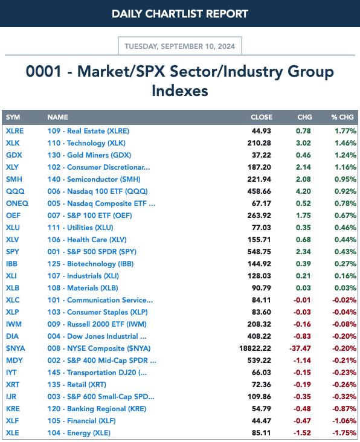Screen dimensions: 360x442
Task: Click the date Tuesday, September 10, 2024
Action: tap(179, 46)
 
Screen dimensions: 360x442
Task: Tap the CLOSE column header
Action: tap(262, 117)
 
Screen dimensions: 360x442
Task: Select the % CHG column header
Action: tap(342, 117)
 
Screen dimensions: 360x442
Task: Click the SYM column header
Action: tap(13, 117)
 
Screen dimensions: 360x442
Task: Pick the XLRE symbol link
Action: tap(15, 131)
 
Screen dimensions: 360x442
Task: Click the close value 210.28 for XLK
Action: tap(259, 143)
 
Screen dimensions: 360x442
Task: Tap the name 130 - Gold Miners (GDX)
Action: tap(89, 155)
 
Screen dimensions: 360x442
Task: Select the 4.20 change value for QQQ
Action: tap(303, 191)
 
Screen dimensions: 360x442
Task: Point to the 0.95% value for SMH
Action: tap(346, 179)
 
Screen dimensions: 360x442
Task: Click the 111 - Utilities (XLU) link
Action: tap(80, 228)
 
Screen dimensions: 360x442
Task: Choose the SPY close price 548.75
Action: tap(259, 252)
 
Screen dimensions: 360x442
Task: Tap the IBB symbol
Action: tap(11, 264)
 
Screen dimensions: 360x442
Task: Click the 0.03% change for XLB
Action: tap(346, 288)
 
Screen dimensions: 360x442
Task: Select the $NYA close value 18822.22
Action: tap(255, 348)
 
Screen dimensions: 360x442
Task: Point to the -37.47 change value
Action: tap(300, 348)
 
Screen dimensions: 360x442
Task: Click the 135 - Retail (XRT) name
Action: tap(77, 385)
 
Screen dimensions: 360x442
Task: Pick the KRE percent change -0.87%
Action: tap(344, 409)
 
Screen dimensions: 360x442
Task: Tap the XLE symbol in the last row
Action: tap(13, 433)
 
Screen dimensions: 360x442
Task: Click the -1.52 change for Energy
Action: tap(302, 433)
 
